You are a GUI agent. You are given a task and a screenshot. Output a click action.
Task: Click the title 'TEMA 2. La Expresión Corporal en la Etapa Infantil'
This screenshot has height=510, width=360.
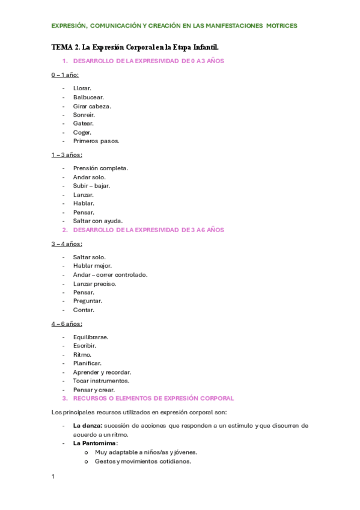coord(135,46)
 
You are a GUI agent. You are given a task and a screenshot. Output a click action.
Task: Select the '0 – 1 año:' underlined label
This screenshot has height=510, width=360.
coord(65,75)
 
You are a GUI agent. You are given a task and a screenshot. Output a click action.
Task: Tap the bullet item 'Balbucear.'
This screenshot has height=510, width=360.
coord(88,97)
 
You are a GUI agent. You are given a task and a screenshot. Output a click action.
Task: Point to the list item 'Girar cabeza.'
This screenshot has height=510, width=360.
coord(92,106)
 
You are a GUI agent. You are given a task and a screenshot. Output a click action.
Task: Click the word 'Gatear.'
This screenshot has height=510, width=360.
coord(84,123)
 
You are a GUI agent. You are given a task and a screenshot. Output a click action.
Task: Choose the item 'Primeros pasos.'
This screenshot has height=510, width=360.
coord(96,141)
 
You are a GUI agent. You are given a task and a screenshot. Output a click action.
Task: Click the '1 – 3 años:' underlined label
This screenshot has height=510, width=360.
coord(67,155)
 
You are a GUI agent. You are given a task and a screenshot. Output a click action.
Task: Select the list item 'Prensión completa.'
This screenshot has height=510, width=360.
coord(100,168)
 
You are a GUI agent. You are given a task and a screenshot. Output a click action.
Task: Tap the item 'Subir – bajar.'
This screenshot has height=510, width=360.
coord(91,186)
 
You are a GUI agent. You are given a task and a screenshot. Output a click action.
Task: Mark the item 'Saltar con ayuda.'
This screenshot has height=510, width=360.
coord(97,221)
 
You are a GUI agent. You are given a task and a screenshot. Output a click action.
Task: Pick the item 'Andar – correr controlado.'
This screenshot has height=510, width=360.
coord(110,275)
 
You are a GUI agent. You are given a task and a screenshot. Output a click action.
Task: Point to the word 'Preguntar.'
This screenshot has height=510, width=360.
coord(88,301)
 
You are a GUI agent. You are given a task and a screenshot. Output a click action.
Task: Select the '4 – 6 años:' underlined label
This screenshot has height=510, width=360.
coord(67,324)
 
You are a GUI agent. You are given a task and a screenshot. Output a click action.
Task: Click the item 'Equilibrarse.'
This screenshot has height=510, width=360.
coord(90,337)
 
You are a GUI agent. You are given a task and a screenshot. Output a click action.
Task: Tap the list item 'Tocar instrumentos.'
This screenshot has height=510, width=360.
coord(101,381)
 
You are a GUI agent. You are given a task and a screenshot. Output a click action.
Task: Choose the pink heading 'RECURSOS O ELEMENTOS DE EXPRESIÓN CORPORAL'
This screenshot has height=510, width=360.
coord(153,398)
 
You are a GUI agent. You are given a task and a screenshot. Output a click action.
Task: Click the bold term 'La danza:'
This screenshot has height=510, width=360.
coord(87,425)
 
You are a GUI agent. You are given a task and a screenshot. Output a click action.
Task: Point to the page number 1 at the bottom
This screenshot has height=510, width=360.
coord(53,477)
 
